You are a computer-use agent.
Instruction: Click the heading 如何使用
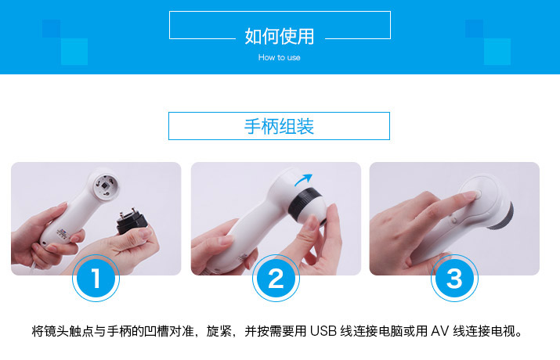[280, 37]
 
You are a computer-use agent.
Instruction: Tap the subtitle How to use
[280, 57]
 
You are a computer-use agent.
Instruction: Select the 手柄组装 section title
[279, 126]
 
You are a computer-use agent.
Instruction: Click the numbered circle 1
[96, 278]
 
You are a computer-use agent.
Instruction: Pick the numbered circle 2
[276, 278]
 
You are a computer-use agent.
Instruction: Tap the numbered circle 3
[454, 278]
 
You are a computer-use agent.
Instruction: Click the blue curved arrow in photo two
[303, 179]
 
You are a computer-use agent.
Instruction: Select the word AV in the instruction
[439, 331]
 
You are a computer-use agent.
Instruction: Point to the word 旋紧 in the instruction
[219, 331]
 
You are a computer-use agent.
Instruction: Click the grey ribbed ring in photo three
[503, 217]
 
